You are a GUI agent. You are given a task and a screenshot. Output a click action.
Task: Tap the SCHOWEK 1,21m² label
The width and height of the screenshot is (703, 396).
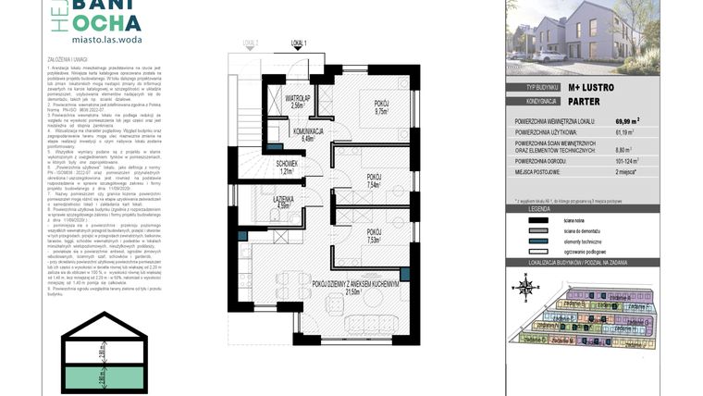(x=286, y=167)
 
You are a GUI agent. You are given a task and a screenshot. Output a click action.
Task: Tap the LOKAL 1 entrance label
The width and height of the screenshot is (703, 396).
(x=299, y=43)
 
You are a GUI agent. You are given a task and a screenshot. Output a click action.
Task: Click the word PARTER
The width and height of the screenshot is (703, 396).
(x=584, y=101)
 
